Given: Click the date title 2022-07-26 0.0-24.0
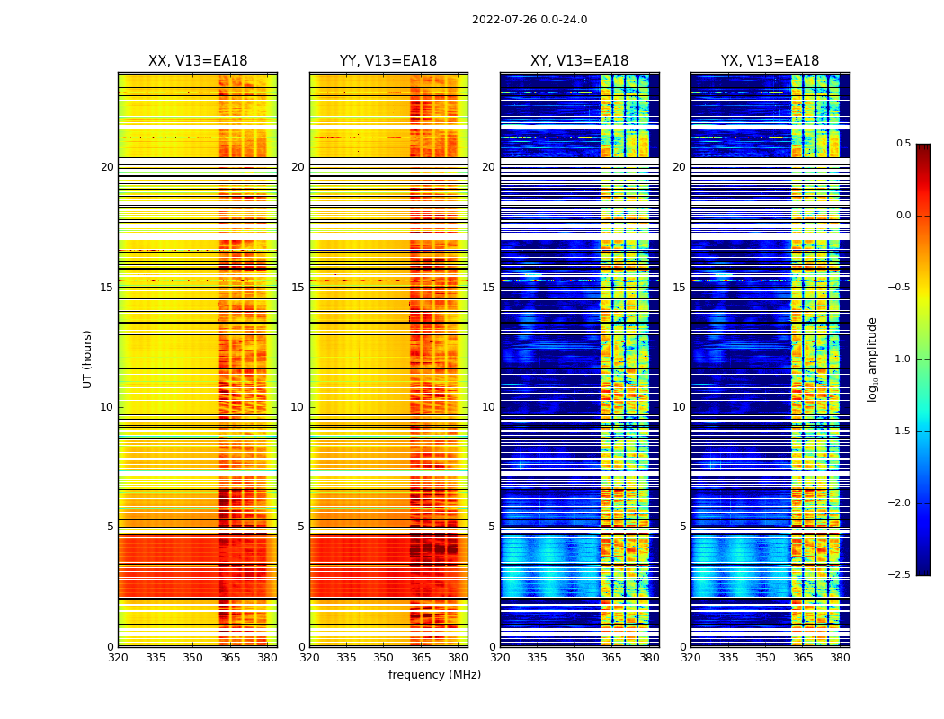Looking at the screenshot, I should (530, 20).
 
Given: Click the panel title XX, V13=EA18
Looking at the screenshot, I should (198, 61).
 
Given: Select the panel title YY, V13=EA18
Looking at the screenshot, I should (388, 61).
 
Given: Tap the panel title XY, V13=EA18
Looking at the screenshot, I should (579, 61).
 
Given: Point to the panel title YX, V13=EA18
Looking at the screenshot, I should (770, 61).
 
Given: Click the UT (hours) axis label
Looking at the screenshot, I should (87, 359).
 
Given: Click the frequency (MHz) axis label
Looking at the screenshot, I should (434, 675).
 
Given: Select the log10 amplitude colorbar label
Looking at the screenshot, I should (872, 359).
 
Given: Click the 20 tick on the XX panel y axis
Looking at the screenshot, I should (107, 167).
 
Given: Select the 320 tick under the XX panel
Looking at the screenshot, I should (118, 658).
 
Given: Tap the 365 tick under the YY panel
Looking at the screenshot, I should (421, 658).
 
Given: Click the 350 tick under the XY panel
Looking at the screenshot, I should (574, 658).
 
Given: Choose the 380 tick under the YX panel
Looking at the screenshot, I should (840, 658).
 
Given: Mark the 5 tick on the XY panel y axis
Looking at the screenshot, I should (492, 527).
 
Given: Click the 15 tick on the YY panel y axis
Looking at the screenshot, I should (298, 288).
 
